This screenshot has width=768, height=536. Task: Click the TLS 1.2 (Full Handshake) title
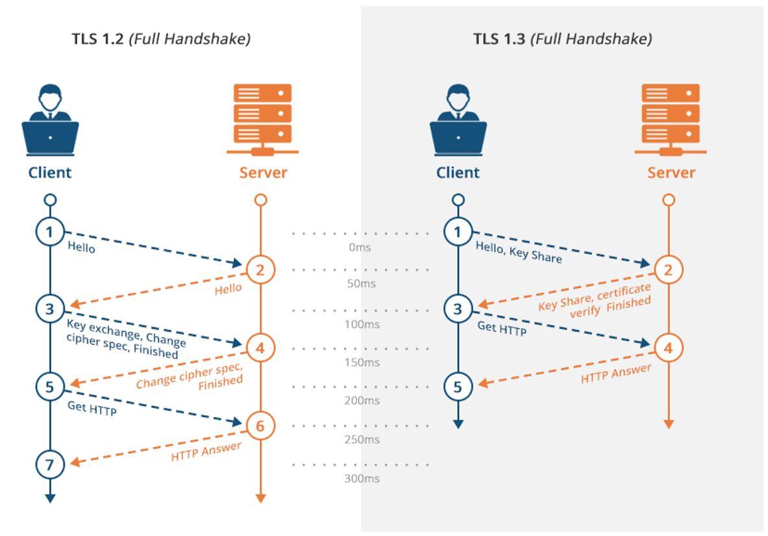tap(161, 39)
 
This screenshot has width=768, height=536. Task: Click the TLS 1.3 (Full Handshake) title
tap(562, 39)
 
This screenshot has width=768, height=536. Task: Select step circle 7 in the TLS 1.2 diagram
tap(50, 465)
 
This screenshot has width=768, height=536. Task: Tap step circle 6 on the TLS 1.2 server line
tap(260, 426)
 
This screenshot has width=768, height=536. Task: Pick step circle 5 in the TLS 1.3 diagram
tap(458, 387)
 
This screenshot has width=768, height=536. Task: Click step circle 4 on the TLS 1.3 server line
tap(669, 348)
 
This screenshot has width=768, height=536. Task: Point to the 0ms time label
tap(360, 247)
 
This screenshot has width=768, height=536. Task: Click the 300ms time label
tap(362, 478)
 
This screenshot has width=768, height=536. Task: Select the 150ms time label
tap(362, 363)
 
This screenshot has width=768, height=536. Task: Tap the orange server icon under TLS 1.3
tap(671, 120)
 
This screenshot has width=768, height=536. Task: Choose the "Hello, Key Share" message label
tap(519, 252)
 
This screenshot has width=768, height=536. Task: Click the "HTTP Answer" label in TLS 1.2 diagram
tap(206, 451)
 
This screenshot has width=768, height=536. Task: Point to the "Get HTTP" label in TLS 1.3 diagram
tap(502, 327)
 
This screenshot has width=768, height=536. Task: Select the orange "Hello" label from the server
tap(229, 289)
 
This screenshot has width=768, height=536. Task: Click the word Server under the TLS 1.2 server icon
tap(263, 173)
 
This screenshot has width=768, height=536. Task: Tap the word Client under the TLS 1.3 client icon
tap(458, 173)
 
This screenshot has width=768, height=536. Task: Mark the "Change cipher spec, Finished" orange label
tap(190, 376)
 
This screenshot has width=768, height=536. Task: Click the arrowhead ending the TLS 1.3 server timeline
tap(669, 424)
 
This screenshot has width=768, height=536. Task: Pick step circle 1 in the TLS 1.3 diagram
tap(458, 231)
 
